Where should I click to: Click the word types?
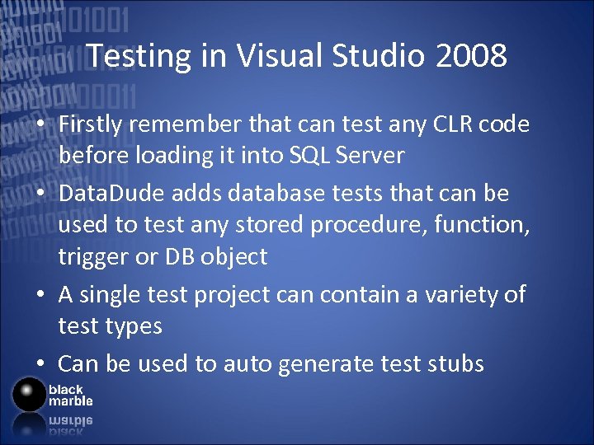click(132, 326)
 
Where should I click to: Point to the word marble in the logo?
click(70, 401)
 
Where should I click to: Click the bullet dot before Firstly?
click(40, 124)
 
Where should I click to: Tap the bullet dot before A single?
click(40, 295)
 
